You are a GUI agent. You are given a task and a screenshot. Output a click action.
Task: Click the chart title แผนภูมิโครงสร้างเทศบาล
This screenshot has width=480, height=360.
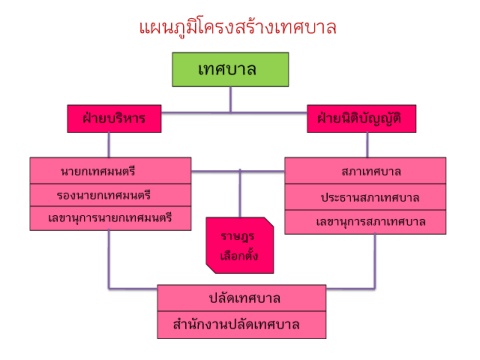[237, 28]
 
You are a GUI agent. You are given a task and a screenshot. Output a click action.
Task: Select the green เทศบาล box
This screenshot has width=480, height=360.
[230, 69]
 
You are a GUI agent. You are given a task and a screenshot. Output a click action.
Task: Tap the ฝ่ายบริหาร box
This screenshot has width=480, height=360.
[114, 119]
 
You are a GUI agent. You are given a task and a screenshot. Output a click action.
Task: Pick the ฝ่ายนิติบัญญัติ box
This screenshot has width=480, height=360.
[361, 119]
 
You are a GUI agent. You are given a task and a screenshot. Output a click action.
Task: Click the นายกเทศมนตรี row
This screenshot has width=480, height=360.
[110, 170]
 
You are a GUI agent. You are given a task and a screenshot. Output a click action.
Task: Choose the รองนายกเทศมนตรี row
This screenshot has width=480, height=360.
[110, 195]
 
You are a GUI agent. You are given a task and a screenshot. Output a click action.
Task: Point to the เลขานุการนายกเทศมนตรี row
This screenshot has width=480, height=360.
[110, 218]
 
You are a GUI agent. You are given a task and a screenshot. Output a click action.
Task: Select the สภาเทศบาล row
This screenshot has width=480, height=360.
[365, 170]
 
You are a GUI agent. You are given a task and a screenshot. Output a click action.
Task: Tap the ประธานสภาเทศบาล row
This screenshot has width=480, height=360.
[365, 197]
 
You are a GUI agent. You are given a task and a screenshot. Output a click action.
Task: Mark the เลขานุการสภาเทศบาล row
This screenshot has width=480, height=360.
[365, 222]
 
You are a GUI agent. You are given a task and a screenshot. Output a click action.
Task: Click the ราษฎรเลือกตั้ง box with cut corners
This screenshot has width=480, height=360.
[240, 245]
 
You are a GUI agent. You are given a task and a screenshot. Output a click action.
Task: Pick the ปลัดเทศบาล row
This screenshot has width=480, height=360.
[242, 298]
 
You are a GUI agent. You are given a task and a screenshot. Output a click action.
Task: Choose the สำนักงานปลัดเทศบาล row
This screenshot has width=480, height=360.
[242, 325]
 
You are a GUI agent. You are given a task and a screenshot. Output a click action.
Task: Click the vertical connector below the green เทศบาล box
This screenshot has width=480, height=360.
[230, 100]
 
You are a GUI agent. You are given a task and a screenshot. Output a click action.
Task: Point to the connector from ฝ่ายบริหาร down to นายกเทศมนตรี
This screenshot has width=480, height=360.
[109, 145]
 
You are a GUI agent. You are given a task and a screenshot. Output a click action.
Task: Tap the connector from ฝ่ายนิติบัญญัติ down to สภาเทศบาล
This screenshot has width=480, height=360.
[367, 145]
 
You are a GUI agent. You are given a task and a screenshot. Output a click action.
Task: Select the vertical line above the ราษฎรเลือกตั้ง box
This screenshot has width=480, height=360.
[240, 193]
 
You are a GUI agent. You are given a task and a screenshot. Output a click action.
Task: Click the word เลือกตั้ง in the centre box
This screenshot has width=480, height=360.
[239, 255]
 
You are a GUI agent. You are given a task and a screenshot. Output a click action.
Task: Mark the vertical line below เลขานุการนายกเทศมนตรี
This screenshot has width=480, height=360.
[109, 259]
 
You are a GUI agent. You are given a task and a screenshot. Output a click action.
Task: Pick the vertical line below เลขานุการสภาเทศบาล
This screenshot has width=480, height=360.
[375, 261]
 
